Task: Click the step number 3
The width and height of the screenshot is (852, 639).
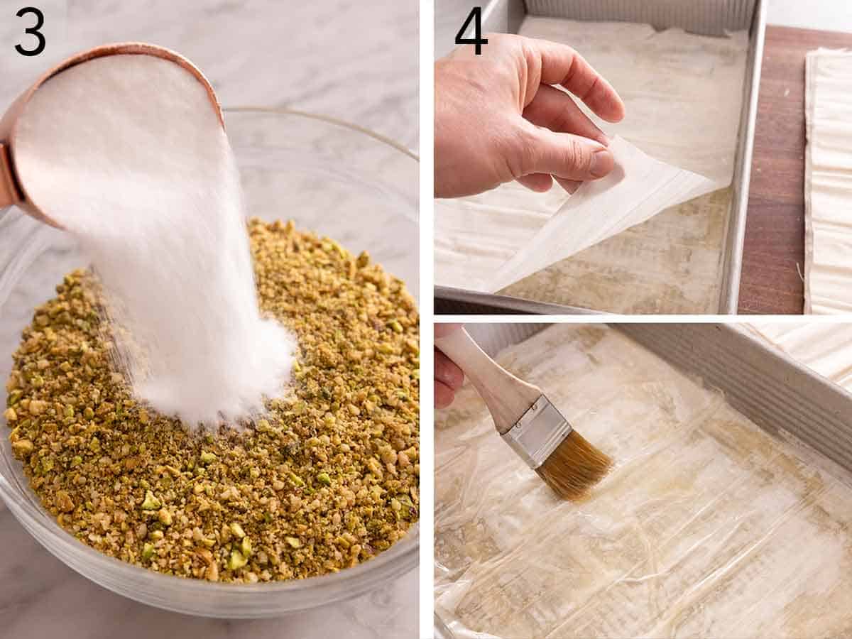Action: click(30, 32)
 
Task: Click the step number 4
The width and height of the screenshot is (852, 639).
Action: click(471, 32)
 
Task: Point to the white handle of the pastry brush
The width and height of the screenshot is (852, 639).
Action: click(483, 376)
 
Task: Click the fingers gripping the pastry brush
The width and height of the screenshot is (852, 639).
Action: click(447, 376)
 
